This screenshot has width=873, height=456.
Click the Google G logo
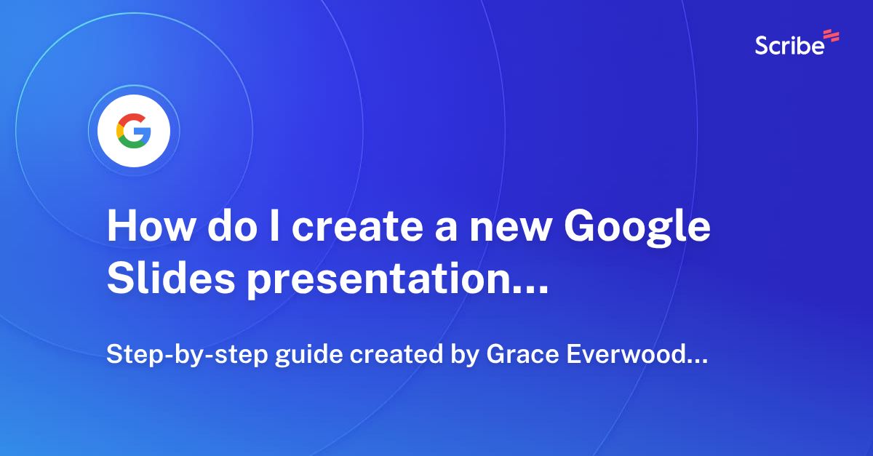coord(134,132)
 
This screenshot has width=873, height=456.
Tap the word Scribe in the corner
coord(789,45)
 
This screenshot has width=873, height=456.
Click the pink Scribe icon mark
coord(831,36)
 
